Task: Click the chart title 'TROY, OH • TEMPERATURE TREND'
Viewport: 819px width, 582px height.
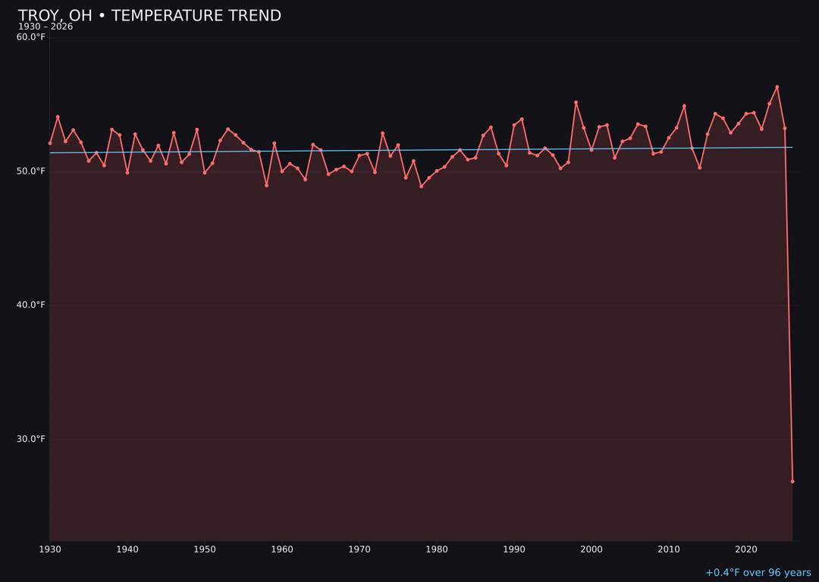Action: click(x=149, y=16)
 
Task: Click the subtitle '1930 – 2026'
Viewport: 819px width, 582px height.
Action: click(x=45, y=27)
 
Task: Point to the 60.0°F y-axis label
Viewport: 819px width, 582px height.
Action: click(x=31, y=37)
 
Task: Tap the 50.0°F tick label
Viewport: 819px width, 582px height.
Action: click(x=31, y=171)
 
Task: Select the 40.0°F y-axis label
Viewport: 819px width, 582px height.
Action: click(x=31, y=305)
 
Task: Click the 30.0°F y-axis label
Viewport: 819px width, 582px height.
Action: click(x=31, y=439)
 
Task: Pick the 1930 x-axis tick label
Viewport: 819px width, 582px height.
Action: click(x=50, y=549)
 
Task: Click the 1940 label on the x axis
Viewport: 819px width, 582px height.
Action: click(x=127, y=549)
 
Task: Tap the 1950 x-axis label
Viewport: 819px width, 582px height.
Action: click(x=205, y=549)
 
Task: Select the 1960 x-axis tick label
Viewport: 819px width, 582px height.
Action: click(x=282, y=549)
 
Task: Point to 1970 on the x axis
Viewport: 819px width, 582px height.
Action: click(x=359, y=549)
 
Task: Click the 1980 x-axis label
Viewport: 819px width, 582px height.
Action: click(x=437, y=549)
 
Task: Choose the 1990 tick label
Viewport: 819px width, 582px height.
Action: click(x=514, y=549)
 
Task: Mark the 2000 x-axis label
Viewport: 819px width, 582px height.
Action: click(x=591, y=549)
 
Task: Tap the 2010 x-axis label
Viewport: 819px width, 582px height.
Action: click(x=669, y=549)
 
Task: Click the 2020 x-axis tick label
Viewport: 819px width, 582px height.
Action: click(x=746, y=549)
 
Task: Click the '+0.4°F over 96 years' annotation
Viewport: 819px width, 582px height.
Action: click(x=758, y=573)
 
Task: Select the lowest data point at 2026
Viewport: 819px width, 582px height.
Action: click(x=792, y=481)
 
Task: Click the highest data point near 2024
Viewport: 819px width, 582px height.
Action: click(x=777, y=87)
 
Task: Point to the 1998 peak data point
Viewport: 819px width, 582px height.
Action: click(x=576, y=102)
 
